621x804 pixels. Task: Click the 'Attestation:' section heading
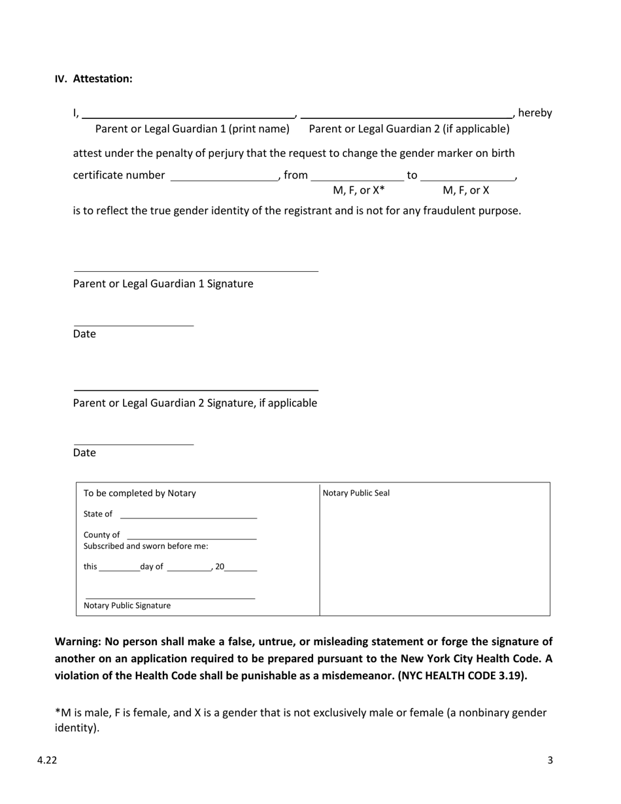point(102,79)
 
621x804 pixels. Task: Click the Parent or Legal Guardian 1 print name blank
point(188,114)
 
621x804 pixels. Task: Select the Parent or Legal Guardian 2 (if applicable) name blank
point(407,114)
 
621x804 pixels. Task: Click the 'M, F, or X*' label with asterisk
point(359,191)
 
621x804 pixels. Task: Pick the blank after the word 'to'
point(467,176)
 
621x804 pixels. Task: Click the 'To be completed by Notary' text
point(139,494)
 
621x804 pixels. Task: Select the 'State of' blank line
point(188,515)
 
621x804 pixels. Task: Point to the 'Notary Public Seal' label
point(356,494)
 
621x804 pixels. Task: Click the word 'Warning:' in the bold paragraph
point(77,642)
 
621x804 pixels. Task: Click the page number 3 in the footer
point(550,760)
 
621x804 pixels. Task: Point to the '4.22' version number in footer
point(47,760)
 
